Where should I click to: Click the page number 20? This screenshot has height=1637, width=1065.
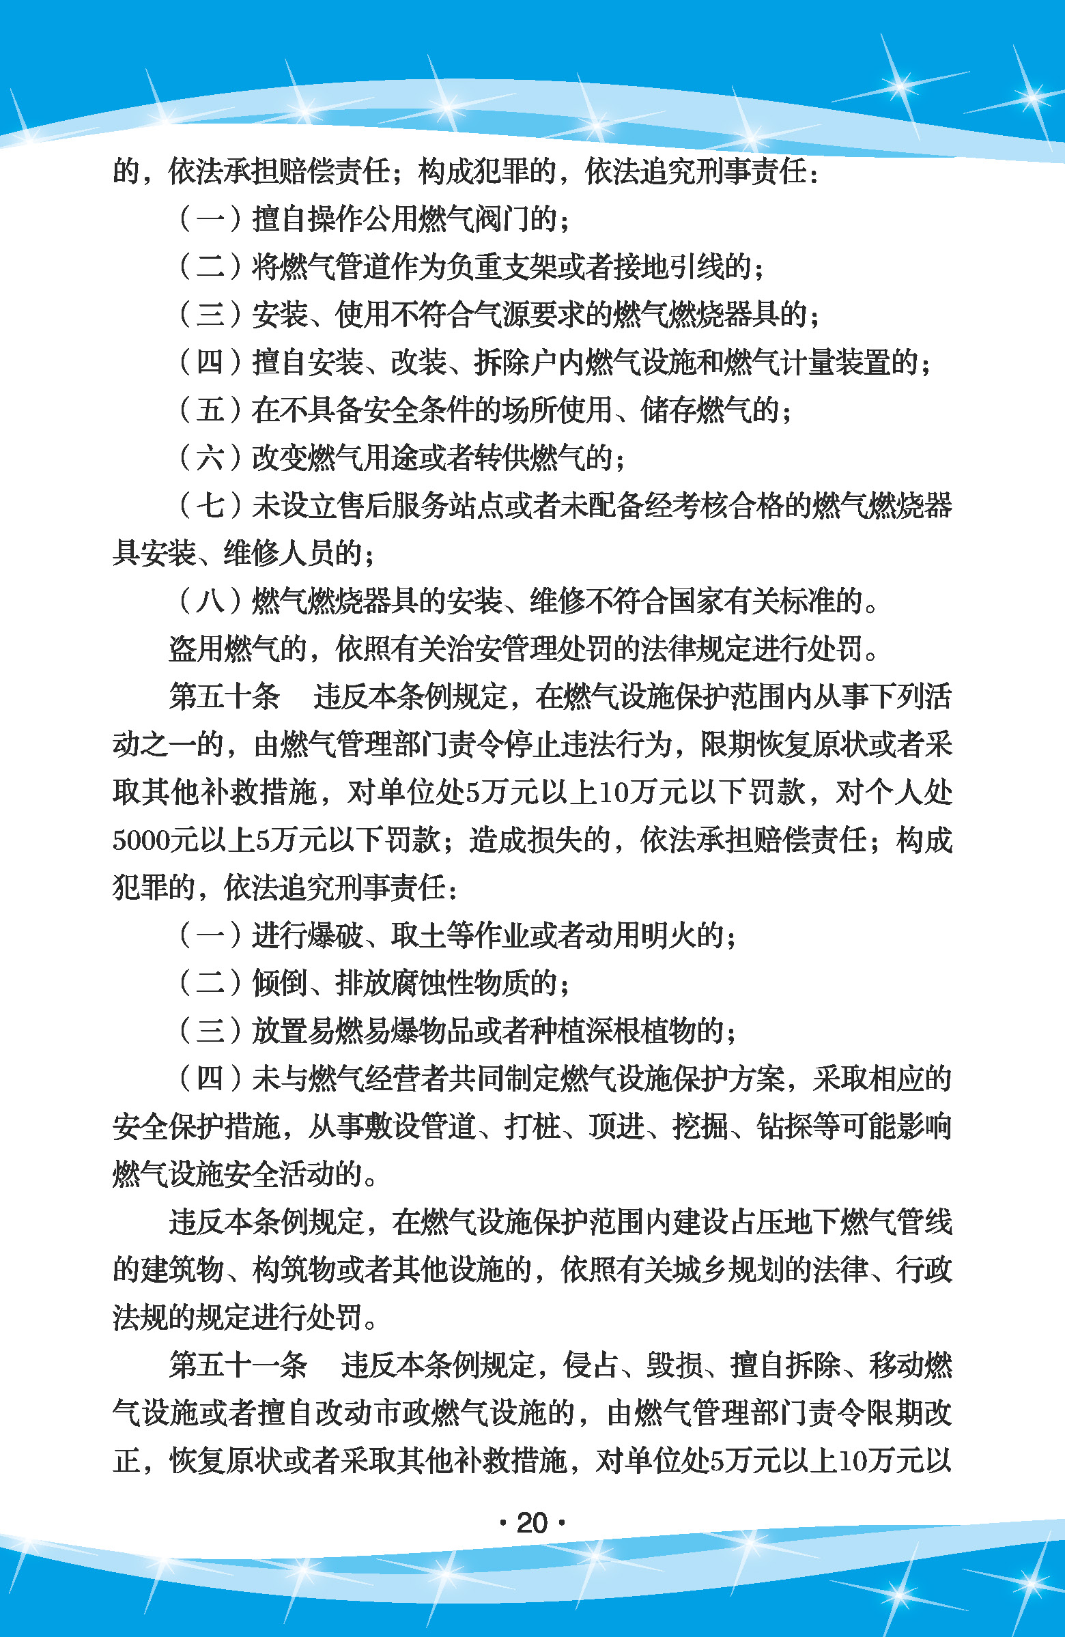pyautogui.click(x=532, y=1523)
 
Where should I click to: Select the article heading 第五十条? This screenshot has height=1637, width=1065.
pyautogui.click(x=225, y=697)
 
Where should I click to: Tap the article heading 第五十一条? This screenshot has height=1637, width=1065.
pyautogui.click(x=238, y=1365)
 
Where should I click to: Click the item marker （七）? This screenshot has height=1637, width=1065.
pyautogui.click(x=210, y=506)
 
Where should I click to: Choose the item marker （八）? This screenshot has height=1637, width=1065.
pyautogui.click(x=210, y=601)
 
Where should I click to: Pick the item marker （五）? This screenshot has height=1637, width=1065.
pyautogui.click(x=210, y=410)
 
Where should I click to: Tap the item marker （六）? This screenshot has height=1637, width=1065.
pyautogui.click(x=210, y=458)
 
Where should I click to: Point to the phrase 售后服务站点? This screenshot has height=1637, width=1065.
pyautogui.click(x=420, y=506)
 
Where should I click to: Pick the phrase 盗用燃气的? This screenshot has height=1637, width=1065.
pyautogui.click(x=238, y=649)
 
